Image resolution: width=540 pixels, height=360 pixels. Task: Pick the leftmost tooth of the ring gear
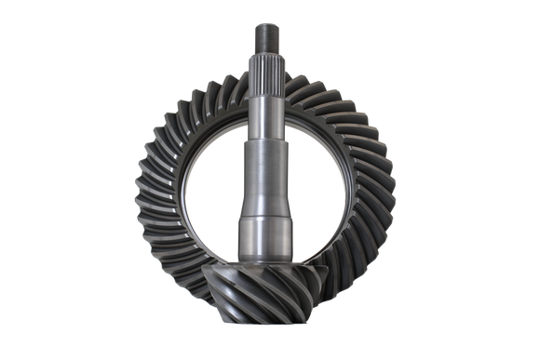(150, 186)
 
